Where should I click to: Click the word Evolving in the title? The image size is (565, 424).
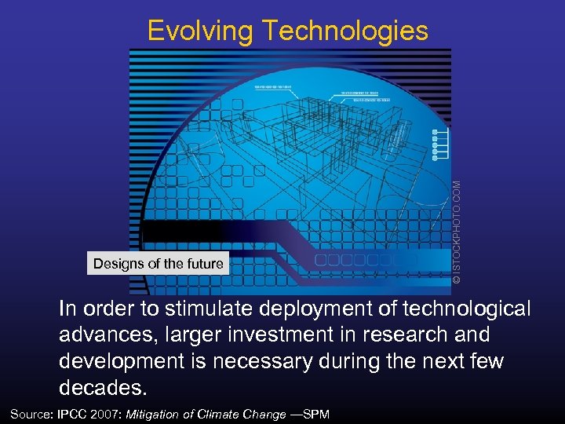click(200, 31)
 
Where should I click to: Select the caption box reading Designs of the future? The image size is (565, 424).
click(158, 264)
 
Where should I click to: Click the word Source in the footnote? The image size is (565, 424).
click(31, 414)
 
